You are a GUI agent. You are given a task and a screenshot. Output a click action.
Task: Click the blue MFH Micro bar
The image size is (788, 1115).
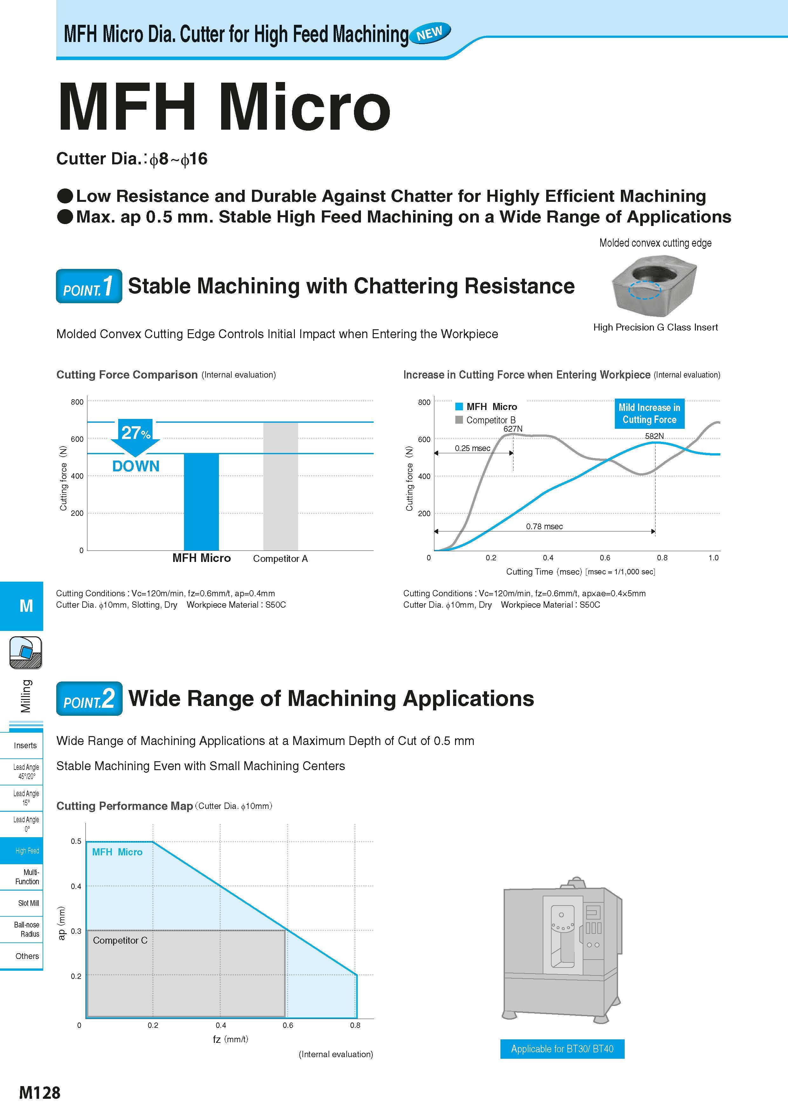pyautogui.click(x=201, y=502)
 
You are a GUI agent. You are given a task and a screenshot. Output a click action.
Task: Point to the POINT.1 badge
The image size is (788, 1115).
pyautogui.click(x=89, y=286)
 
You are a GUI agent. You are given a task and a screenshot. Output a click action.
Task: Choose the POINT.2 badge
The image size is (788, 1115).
pyautogui.click(x=89, y=698)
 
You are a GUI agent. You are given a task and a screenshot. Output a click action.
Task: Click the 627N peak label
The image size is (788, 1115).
pyautogui.click(x=513, y=429)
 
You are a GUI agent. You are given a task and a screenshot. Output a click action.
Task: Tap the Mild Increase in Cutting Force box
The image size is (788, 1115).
pyautogui.click(x=650, y=414)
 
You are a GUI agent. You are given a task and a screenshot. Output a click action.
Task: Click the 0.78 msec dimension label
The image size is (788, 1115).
pyautogui.click(x=544, y=526)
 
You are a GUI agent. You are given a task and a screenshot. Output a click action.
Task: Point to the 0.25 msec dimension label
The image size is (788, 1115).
pyautogui.click(x=472, y=448)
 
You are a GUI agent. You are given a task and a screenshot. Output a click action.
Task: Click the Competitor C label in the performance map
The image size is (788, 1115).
pyautogui.click(x=120, y=940)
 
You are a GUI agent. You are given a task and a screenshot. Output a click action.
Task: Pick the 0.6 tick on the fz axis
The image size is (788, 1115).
pyautogui.click(x=288, y=1025)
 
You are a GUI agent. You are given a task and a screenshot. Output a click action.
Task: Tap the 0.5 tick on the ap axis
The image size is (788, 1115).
pyautogui.click(x=76, y=841)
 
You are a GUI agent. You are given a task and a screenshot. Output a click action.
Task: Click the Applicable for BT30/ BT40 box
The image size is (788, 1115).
pyautogui.click(x=562, y=1049)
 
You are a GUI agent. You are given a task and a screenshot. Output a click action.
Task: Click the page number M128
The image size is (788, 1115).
pyautogui.click(x=40, y=1093)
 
